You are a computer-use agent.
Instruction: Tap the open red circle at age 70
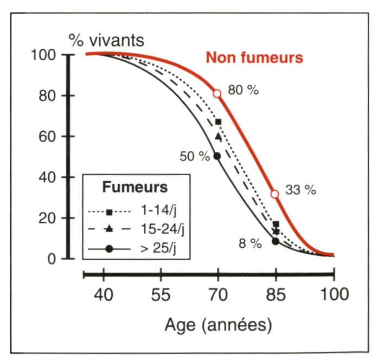[x=217, y=93]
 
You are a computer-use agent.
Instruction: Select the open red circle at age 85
[x=275, y=194]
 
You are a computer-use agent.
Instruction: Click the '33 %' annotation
[x=300, y=190]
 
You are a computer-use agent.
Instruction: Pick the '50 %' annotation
[x=195, y=156]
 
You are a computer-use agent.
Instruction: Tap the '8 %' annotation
[x=250, y=243]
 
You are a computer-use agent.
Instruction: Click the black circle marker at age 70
[x=217, y=156]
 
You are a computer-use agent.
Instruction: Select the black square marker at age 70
[x=218, y=122]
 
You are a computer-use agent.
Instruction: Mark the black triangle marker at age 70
[x=218, y=137]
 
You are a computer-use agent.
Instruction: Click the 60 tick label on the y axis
[x=52, y=137]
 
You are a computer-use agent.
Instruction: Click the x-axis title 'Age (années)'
[x=218, y=326]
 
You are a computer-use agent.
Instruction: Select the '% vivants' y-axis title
[x=106, y=40]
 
